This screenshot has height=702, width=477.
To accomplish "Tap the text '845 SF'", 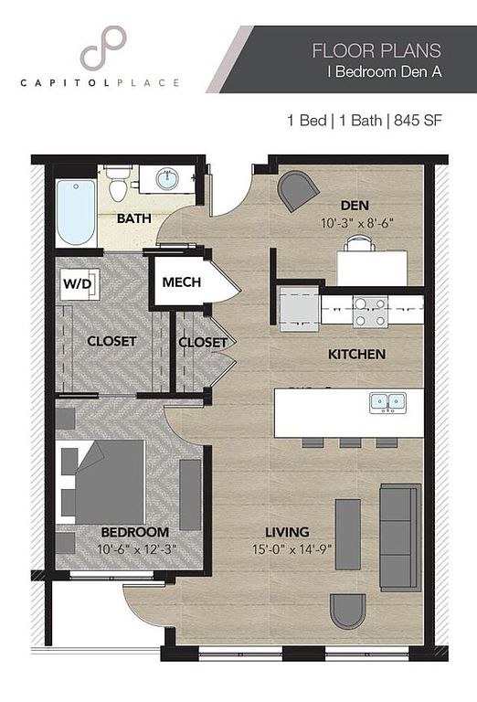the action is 418,121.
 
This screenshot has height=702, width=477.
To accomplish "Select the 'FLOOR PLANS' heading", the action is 376,50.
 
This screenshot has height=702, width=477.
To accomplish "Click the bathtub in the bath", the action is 77,212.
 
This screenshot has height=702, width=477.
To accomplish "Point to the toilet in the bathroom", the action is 119,185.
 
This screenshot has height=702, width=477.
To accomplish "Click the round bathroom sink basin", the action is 167,179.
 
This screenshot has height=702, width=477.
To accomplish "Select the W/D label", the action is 78,283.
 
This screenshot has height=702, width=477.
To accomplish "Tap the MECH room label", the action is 181,282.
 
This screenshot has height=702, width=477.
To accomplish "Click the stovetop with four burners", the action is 370,312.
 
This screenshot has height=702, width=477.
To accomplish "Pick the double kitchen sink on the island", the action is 388,402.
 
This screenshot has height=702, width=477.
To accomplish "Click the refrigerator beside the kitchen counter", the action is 300,309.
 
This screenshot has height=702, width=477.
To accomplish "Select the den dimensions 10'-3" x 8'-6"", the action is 357,223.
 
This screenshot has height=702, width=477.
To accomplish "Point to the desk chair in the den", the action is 360,242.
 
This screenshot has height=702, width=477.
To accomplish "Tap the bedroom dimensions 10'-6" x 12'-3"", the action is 137,548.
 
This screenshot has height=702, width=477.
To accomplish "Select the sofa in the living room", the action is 400,537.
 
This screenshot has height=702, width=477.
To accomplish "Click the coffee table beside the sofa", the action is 347,534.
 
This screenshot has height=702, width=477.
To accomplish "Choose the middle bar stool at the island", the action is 350,442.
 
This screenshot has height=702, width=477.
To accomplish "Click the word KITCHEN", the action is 356,354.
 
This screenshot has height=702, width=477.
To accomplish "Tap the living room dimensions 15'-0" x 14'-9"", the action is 291,548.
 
